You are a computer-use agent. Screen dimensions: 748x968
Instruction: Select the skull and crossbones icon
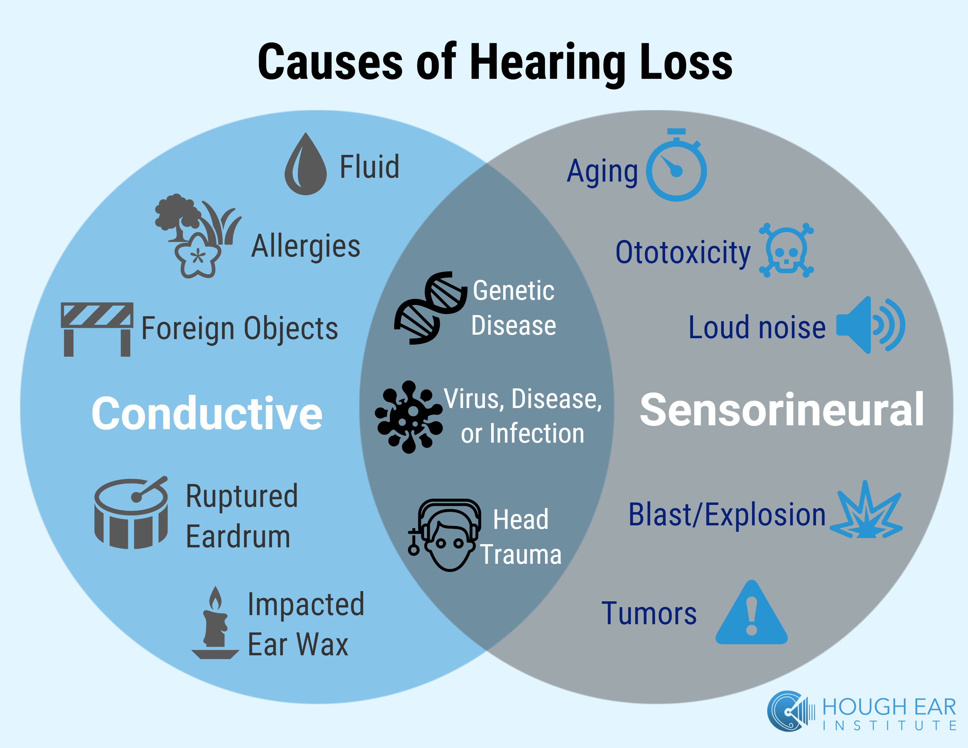[x=786, y=251]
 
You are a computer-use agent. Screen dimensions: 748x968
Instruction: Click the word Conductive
[x=207, y=413]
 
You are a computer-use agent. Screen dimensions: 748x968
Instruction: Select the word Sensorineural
[x=781, y=410]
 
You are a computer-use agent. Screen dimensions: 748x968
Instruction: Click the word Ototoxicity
[x=683, y=253]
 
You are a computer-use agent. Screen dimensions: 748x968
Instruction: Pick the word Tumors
[x=649, y=614]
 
